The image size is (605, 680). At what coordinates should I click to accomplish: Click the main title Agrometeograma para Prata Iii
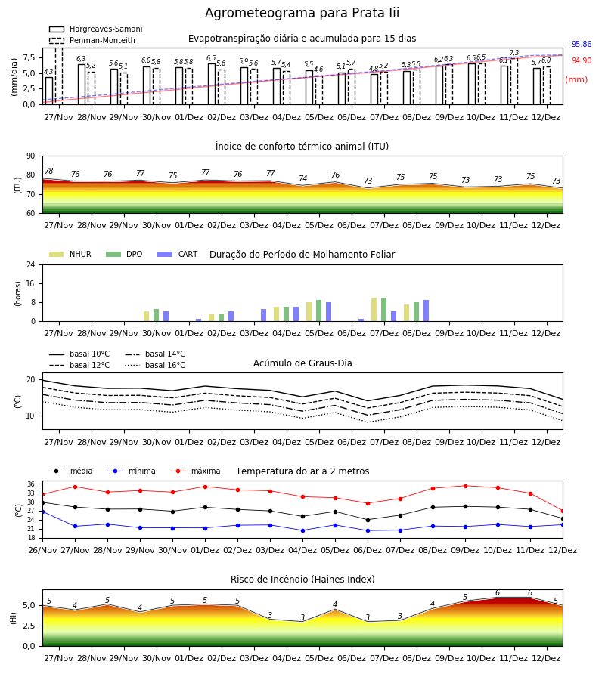(x=302, y=13)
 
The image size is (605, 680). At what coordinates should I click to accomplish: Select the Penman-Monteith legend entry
(x=92, y=40)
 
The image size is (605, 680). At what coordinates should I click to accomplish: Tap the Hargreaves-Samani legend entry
(x=95, y=29)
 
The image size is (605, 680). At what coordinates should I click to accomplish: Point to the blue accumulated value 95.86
(x=582, y=45)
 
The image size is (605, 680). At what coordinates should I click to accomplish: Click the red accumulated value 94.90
(x=582, y=60)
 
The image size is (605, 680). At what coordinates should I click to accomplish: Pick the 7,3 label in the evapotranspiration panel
(x=513, y=53)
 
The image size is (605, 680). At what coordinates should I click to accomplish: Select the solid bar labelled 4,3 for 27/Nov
(x=49, y=91)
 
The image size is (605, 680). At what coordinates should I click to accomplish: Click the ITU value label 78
(x=49, y=172)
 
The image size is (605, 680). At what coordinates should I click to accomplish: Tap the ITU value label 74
(x=303, y=178)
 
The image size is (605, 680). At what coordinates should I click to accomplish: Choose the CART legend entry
(x=178, y=254)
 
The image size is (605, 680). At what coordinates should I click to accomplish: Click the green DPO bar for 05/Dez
(x=319, y=311)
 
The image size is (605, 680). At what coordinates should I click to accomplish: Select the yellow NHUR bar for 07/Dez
(x=374, y=310)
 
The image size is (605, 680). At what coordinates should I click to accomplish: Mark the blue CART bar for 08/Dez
(x=427, y=311)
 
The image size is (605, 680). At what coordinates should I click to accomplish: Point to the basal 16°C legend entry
(x=155, y=365)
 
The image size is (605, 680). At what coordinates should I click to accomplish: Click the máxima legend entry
(x=196, y=471)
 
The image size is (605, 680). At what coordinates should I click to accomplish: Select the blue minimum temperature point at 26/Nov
(x=42, y=512)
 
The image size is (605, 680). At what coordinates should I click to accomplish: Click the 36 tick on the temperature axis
(x=31, y=484)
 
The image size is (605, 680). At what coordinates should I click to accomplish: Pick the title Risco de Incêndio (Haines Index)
(x=302, y=580)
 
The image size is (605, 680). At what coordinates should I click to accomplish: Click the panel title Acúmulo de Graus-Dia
(x=302, y=363)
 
